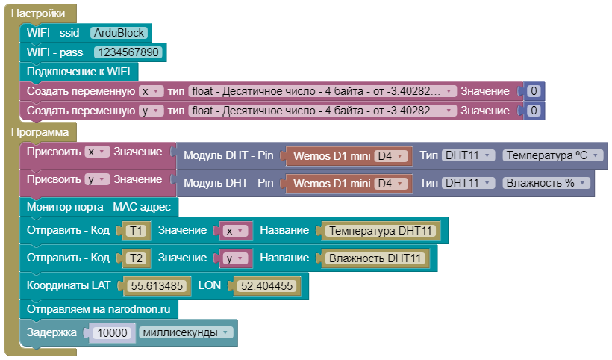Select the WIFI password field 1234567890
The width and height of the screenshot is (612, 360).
(x=128, y=52)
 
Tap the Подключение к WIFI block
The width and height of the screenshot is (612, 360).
(x=78, y=72)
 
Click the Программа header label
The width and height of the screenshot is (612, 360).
(x=40, y=132)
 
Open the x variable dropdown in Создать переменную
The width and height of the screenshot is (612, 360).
(x=152, y=91)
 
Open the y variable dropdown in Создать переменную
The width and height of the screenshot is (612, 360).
(x=152, y=111)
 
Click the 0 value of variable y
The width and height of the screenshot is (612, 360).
(x=533, y=111)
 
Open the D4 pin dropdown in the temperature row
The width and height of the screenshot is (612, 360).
(x=392, y=156)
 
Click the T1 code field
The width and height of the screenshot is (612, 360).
(x=135, y=231)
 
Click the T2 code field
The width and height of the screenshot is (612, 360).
(x=135, y=258)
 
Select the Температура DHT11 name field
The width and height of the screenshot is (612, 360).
(x=381, y=231)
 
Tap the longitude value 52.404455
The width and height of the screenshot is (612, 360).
(x=266, y=285)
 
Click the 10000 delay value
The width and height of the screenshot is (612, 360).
(x=113, y=332)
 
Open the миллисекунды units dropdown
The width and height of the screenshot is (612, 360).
(x=186, y=332)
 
